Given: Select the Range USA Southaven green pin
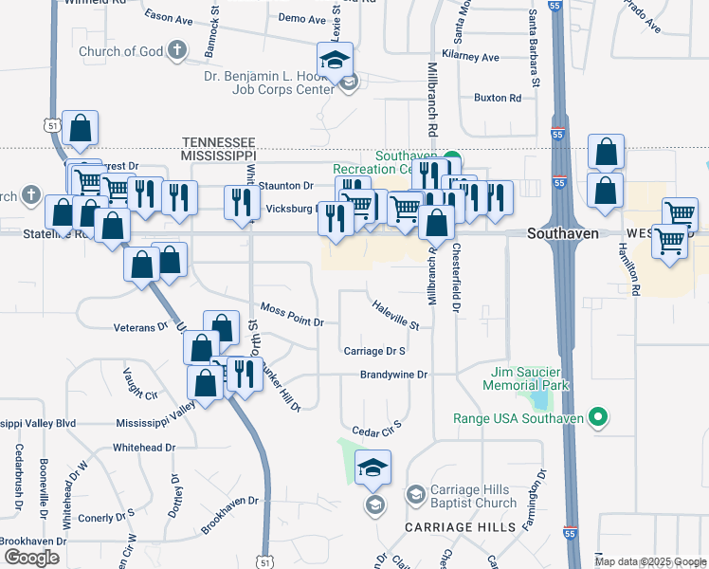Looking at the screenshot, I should tap(598, 417).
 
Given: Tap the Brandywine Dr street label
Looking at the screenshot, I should tap(393, 375).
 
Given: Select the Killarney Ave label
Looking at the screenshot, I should tap(476, 58).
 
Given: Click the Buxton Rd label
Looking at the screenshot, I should tap(498, 98).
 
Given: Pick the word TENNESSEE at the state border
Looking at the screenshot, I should tap(219, 140).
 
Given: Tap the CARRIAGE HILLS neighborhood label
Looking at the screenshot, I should tap(461, 526).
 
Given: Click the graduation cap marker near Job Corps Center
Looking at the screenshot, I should tap(335, 61).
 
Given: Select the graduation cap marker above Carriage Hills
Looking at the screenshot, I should tap(373, 468).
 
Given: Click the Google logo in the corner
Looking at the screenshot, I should tap(31, 558).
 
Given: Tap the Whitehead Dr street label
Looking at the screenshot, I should tap(144, 447).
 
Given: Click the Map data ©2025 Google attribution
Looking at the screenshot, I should tap(650, 561).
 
